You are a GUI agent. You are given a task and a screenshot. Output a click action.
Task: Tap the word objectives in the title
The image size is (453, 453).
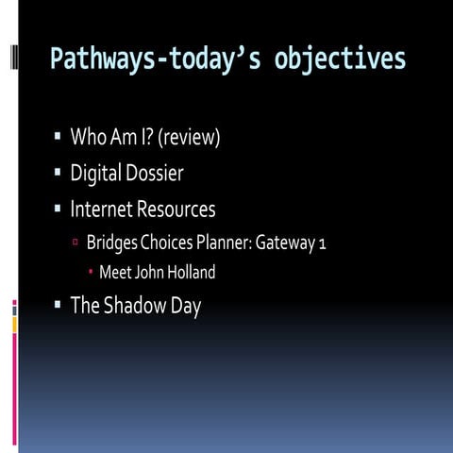point(341,59)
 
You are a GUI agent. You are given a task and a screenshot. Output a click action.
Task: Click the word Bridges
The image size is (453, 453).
point(112,243)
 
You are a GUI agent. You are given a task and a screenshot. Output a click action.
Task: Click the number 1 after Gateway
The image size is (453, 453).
point(322,243)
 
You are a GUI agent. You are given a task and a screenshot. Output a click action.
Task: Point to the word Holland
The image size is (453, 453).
point(187,273)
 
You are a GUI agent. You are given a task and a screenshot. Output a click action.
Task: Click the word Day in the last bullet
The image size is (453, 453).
point(187,306)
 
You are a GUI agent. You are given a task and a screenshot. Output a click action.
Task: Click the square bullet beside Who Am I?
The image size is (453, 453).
point(58,138)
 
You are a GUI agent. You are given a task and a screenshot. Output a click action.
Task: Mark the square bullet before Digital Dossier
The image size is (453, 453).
point(58,173)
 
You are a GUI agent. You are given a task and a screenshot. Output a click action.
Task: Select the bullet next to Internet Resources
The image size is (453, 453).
point(58,208)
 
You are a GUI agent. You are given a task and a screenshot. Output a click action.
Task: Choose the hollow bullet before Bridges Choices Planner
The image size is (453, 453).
point(75,243)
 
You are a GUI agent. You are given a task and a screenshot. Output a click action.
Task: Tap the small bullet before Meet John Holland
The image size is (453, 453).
point(91,273)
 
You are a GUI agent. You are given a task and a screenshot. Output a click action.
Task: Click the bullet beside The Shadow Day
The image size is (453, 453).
point(58,305)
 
